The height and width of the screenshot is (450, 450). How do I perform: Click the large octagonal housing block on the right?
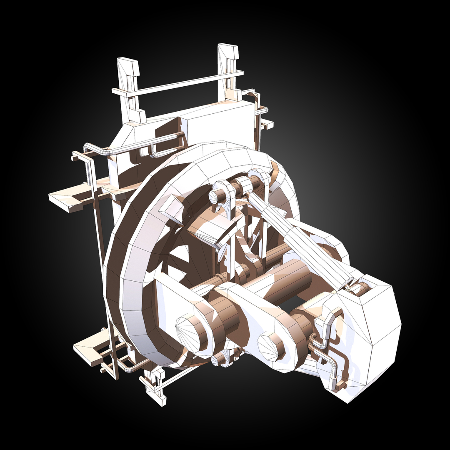click(x=367, y=329)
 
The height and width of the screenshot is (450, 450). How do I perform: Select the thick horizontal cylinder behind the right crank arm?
click(x=287, y=283)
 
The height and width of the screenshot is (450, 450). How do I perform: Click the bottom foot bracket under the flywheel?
click(x=154, y=385)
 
